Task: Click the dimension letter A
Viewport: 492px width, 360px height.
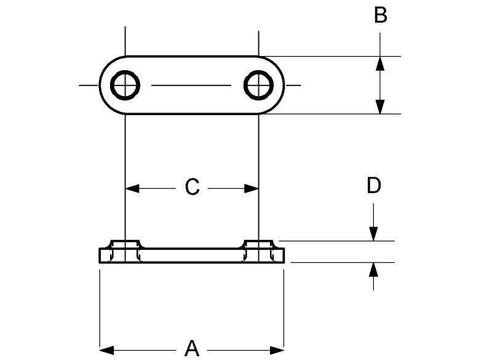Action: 192,348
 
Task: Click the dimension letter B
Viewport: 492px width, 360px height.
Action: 381,15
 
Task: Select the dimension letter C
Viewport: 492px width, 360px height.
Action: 192,186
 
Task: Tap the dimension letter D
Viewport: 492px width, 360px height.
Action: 373,186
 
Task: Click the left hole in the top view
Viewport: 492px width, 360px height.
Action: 125,85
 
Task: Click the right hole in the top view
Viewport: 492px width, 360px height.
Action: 258,85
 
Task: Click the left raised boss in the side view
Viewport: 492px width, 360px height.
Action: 125,244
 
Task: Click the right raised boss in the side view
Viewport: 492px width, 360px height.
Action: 258,244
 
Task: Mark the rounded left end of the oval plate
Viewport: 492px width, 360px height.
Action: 105,85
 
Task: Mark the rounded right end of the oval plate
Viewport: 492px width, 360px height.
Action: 280,85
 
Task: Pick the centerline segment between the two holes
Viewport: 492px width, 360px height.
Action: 192,85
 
